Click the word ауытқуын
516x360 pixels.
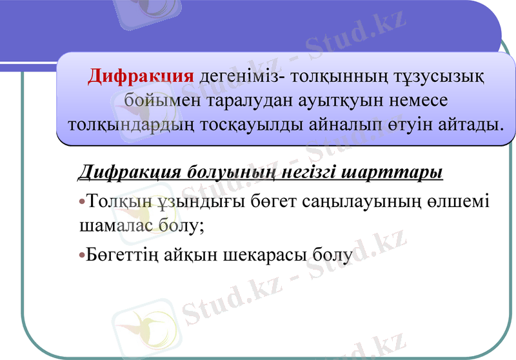337,100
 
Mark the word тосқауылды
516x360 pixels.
252,123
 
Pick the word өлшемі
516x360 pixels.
460,201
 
